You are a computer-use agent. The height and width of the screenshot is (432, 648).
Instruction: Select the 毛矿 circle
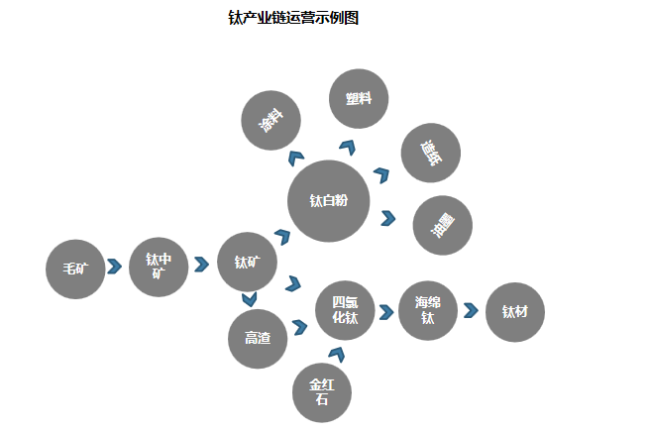(x=75, y=269)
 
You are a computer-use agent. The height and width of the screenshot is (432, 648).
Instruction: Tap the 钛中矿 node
(x=159, y=267)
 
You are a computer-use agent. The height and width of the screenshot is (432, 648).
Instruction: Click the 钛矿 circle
(x=248, y=263)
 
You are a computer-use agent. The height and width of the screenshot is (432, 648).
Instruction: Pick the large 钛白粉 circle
(x=328, y=202)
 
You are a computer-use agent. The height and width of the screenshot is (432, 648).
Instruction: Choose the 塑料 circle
(x=359, y=99)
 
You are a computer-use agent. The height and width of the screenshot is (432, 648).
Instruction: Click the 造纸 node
(x=430, y=153)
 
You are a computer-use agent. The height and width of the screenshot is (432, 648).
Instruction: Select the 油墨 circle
(x=442, y=225)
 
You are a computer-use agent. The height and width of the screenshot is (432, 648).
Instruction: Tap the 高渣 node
(x=258, y=338)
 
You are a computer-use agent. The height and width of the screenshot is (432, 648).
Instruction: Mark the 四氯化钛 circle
(x=345, y=311)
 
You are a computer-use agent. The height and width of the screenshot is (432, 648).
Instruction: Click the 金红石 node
(x=322, y=392)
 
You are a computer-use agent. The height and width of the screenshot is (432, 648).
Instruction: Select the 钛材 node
(x=515, y=312)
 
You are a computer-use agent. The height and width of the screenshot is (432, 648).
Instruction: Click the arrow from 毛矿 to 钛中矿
(x=115, y=268)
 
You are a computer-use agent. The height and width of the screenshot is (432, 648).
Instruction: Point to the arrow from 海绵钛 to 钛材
(x=471, y=310)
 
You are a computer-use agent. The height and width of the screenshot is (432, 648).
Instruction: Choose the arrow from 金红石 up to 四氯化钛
(x=337, y=354)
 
